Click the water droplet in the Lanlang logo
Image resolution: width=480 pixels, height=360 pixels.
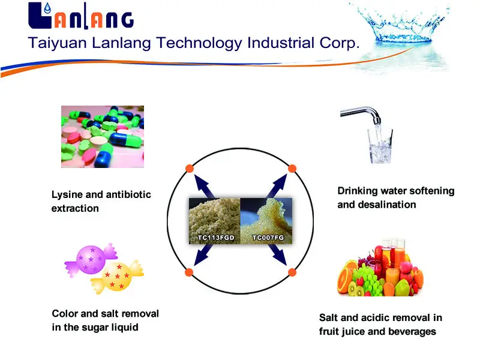click(x=47, y=8)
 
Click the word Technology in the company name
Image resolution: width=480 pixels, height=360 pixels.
click(x=199, y=43)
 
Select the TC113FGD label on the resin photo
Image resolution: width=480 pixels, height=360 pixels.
click(x=216, y=238)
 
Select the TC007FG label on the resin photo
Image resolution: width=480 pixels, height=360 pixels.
click(x=268, y=238)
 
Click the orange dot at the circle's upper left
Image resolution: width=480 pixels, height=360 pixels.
click(x=190, y=169)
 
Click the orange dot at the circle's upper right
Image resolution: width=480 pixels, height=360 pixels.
click(x=292, y=169)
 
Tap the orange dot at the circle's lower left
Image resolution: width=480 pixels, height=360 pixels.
click(x=189, y=272)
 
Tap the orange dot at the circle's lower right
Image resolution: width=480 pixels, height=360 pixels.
click(x=292, y=272)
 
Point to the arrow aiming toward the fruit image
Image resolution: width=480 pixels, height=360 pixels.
click(x=277, y=254)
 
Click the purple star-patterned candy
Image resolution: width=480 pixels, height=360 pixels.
click(x=91, y=260)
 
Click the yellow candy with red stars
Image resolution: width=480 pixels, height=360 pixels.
click(x=117, y=277)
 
